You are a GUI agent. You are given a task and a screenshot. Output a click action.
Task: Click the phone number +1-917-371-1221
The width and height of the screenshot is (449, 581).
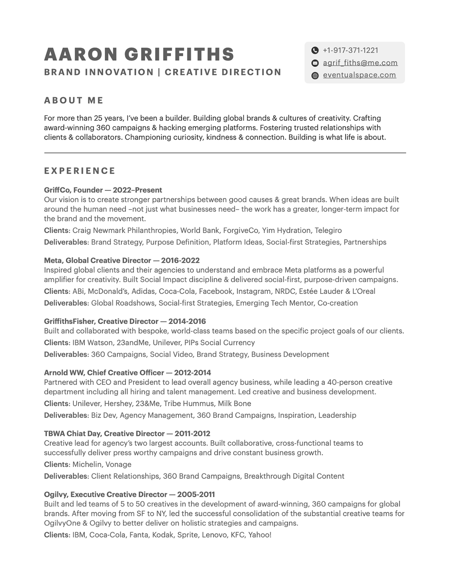pyautogui.click(x=350, y=51)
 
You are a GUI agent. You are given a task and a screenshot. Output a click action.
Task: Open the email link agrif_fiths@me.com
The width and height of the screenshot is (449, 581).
pyautogui.click(x=360, y=63)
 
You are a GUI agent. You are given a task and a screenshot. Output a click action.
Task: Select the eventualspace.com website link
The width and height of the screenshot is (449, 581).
pyautogui.click(x=359, y=75)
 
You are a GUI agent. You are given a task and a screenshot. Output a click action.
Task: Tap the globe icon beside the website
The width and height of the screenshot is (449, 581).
pyautogui.click(x=315, y=75)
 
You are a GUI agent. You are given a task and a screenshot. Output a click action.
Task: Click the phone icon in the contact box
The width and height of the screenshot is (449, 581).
pyautogui.click(x=315, y=51)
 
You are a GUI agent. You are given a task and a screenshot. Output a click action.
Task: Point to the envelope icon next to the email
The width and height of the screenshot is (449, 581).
pyautogui.click(x=315, y=63)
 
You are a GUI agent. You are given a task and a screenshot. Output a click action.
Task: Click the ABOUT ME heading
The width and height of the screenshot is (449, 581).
pyautogui.click(x=74, y=100)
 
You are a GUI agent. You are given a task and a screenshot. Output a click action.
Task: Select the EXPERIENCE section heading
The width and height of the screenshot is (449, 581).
pyautogui.click(x=80, y=171)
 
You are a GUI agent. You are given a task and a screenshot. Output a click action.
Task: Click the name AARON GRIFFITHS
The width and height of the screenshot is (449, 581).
pyautogui.click(x=139, y=54)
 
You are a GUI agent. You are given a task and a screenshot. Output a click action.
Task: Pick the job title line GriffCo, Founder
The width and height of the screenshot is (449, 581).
pyautogui.click(x=103, y=190)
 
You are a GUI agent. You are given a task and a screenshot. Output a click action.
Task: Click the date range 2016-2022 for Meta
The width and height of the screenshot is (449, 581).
pyautogui.click(x=180, y=260)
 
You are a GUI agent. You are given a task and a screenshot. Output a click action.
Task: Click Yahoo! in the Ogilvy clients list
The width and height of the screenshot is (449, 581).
pyautogui.click(x=260, y=535)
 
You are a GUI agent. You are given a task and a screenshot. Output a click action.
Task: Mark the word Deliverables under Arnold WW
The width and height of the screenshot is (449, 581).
pyautogui.click(x=65, y=415)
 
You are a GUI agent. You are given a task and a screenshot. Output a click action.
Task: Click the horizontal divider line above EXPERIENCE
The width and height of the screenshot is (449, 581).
pyautogui.click(x=225, y=153)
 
